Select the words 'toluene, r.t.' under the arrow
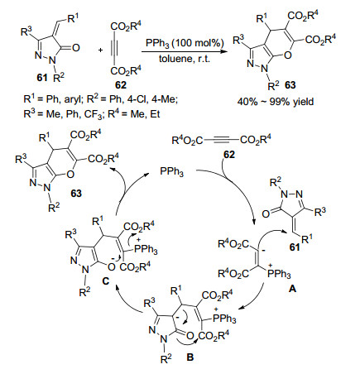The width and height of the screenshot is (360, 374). [185, 59]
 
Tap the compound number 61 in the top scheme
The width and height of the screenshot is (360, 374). [42, 78]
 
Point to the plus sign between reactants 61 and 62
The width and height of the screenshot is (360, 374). [101, 50]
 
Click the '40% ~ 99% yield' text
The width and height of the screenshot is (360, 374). [276, 102]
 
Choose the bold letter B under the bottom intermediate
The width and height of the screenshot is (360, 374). [190, 357]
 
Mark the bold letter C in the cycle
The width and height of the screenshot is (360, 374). [105, 280]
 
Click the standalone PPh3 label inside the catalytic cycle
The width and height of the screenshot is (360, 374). [172, 172]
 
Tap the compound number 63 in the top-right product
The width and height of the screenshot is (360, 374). [290, 85]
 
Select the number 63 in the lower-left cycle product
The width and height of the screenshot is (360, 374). [76, 194]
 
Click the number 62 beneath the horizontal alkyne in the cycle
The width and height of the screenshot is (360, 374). [229, 155]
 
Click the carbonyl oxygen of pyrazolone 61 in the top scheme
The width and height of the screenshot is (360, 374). [75, 48]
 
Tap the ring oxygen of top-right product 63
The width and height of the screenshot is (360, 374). [287, 55]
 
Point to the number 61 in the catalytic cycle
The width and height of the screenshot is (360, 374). [295, 247]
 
